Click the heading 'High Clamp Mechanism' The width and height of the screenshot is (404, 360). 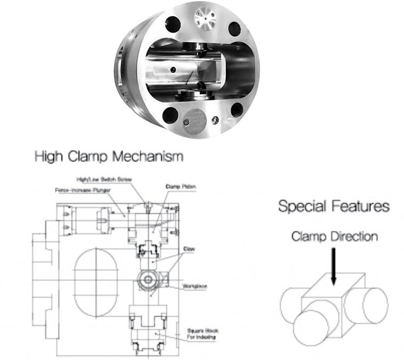pos(108,157)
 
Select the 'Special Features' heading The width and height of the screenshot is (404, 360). pos(334,206)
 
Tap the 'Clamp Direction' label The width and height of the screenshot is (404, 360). pos(334,236)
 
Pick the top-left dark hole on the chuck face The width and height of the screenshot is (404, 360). pos(172,23)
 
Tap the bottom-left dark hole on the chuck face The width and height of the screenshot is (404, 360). pos(171,114)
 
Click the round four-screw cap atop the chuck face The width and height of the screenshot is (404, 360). pos(204,20)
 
